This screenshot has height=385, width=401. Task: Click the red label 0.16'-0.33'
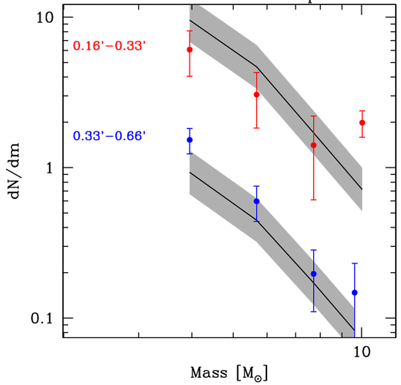[x=109, y=46]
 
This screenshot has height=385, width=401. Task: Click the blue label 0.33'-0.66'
[x=109, y=135]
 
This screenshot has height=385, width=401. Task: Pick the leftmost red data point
[x=189, y=50]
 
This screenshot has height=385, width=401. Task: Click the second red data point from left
[x=257, y=95]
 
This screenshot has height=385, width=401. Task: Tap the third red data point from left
[x=314, y=145]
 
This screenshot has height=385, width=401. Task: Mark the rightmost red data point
[x=362, y=122]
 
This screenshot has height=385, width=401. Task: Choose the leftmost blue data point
[x=189, y=140]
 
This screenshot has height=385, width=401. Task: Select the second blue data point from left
[x=257, y=201]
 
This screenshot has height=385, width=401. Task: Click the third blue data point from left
[x=314, y=274]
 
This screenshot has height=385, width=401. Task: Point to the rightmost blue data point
[x=355, y=292]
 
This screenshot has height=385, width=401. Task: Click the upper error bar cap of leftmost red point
[x=189, y=31]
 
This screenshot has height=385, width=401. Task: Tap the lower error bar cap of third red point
[x=314, y=200]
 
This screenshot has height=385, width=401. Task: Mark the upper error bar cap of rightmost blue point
[x=355, y=263]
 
